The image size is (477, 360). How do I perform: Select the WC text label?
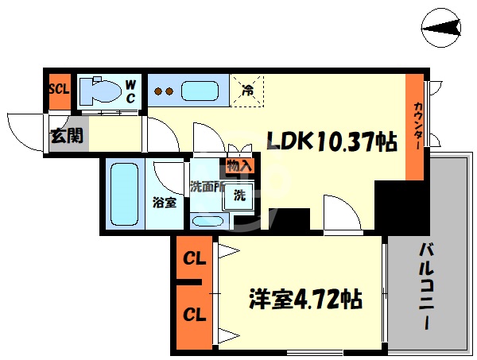pyautogui.click(x=131, y=91)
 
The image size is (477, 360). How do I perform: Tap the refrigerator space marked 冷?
pyautogui.click(x=247, y=89)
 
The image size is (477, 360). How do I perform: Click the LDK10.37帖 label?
pyautogui.click(x=332, y=142)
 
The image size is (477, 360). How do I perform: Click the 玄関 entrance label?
pyautogui.click(x=67, y=135)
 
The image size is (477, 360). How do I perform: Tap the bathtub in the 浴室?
pyautogui.click(x=124, y=194)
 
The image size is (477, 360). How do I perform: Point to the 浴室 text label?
pyautogui.click(x=165, y=202)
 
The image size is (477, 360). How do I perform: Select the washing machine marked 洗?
pyautogui.click(x=239, y=195)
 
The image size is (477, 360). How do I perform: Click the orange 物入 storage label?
pyautogui.click(x=239, y=166)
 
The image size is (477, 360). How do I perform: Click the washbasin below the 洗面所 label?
pyautogui.click(x=208, y=220)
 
